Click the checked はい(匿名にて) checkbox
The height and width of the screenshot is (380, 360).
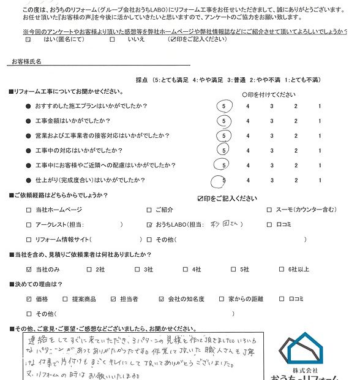[28, 39]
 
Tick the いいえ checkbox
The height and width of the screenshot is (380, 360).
[112, 39]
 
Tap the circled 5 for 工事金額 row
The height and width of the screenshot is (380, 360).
[225, 121]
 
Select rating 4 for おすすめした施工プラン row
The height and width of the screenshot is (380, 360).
[247, 106]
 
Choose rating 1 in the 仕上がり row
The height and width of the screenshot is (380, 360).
[319, 180]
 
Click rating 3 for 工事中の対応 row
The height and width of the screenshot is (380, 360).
[271, 150]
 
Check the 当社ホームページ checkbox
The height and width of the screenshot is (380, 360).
[28, 210]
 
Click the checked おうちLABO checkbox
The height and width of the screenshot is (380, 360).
[149, 225]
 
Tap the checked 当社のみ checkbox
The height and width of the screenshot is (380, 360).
[28, 269]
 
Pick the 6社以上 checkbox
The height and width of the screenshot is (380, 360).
[282, 269]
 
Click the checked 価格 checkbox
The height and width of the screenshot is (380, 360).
[28, 299]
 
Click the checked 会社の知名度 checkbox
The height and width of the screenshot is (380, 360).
[161, 299]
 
